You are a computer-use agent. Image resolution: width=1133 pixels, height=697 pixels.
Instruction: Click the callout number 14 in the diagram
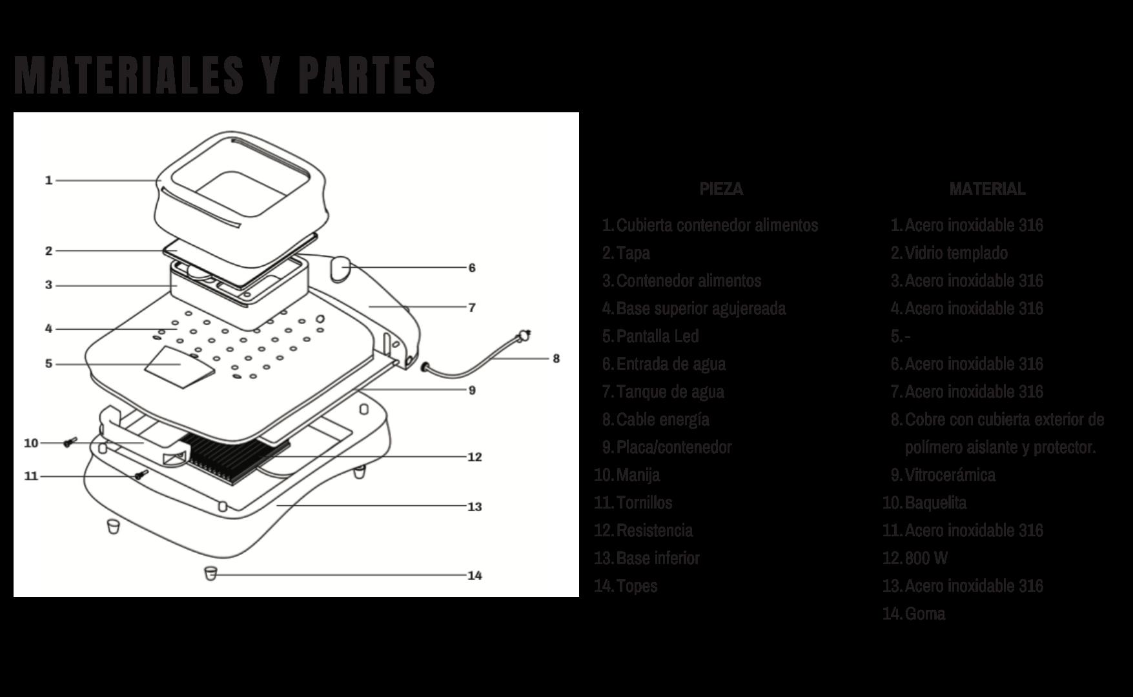pyautogui.click(x=475, y=576)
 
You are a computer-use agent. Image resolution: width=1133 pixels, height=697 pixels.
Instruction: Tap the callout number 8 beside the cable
pyautogui.click(x=556, y=358)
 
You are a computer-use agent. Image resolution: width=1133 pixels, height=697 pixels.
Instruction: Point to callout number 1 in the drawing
pyautogui.click(x=48, y=180)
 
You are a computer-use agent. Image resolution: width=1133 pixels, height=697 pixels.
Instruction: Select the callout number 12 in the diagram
pyautogui.click(x=475, y=457)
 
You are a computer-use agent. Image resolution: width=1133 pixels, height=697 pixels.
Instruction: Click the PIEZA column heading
pyautogui.click(x=721, y=188)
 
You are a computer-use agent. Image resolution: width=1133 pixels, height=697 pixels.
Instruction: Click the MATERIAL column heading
pyautogui.click(x=986, y=188)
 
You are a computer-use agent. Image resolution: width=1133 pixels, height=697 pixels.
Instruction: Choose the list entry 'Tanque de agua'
pyautogui.click(x=669, y=391)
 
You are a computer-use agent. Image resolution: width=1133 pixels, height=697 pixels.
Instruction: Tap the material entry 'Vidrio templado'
pyautogui.click(x=955, y=252)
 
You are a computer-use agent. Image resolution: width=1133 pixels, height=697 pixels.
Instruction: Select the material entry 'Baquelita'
pyautogui.click(x=935, y=502)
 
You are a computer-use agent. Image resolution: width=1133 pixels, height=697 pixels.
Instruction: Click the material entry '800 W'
pyautogui.click(x=926, y=558)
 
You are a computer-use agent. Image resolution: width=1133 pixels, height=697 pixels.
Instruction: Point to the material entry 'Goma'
pyautogui.click(x=924, y=613)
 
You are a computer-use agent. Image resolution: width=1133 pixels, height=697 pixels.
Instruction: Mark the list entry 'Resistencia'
pyautogui.click(x=654, y=530)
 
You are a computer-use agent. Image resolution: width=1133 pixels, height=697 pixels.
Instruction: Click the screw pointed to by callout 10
pyautogui.click(x=70, y=442)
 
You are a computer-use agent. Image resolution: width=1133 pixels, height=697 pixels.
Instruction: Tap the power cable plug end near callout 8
pyautogui.click(x=524, y=336)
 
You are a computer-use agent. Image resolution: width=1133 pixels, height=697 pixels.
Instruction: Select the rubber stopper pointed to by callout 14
pyautogui.click(x=210, y=573)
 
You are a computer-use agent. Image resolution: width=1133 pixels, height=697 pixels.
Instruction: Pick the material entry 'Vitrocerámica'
pyautogui.click(x=950, y=474)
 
